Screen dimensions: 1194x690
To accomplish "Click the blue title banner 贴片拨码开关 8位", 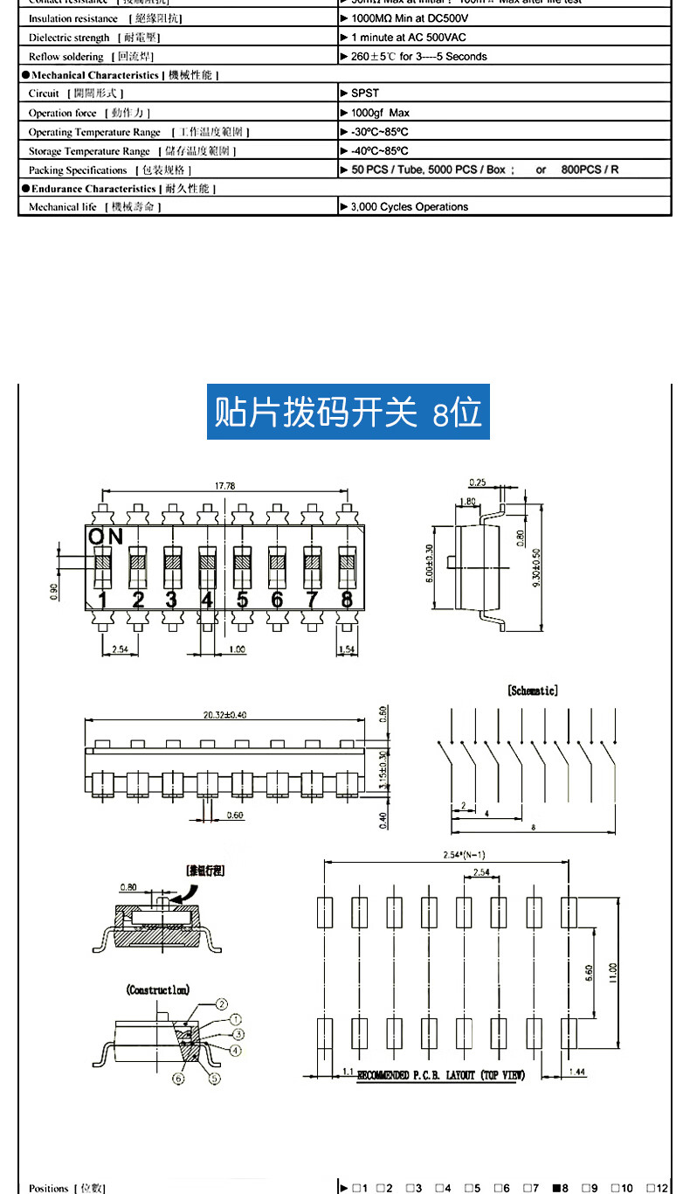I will coord(348,412).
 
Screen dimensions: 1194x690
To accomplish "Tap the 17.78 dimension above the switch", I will coord(224,486).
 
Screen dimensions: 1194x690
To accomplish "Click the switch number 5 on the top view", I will coord(242,600).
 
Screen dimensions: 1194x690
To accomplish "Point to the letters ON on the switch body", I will coord(105,537).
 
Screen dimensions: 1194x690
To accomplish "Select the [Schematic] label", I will coord(532,691).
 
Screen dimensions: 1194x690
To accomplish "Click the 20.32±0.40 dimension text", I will coord(224,714).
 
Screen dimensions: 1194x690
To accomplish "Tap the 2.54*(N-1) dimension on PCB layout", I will coord(465,855).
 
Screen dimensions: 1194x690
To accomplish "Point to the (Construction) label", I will coord(158,990).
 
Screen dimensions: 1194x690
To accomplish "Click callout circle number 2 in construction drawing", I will coord(222,1004).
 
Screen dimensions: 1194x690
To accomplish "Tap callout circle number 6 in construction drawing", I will coord(179,1079).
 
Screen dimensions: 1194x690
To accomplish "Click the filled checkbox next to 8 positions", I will coord(555,1188).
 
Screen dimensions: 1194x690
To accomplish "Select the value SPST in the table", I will coord(365,93).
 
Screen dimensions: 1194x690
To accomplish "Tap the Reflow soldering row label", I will coord(66,57).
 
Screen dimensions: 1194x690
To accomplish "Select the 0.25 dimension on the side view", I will coord(477,482).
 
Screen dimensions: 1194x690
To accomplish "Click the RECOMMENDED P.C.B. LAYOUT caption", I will coord(441,1075).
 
